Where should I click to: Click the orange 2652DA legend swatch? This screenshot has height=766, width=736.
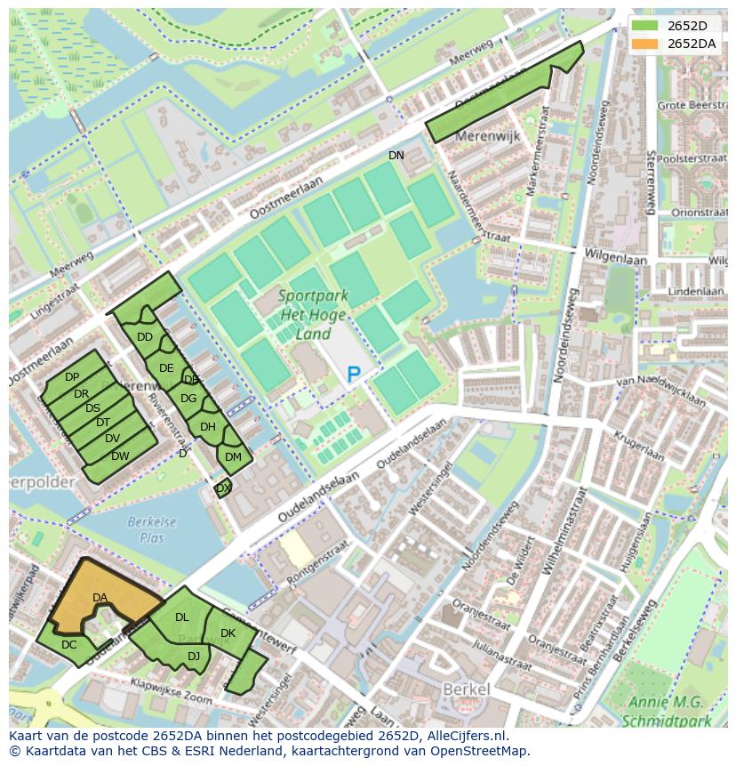point(646,44)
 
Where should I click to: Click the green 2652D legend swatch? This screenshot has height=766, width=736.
point(646,26)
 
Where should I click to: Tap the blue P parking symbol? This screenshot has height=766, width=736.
point(354,375)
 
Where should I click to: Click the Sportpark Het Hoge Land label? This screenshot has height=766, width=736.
point(314,315)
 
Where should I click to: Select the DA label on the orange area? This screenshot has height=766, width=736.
point(100,598)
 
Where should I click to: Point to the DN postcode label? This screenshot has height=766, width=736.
point(396,156)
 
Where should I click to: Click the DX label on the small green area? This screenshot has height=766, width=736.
point(223,488)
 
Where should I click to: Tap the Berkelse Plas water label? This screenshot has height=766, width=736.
point(151,529)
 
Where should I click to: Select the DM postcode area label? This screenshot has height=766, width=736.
point(233,457)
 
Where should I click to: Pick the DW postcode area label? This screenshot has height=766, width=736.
point(121,456)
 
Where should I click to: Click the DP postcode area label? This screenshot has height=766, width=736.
point(72,378)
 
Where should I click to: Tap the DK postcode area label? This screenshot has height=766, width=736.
point(228,633)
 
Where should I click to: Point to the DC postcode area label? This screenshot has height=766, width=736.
point(69,645)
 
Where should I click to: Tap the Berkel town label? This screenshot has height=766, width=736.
point(466,690)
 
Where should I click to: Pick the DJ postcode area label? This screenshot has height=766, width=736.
point(194,657)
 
